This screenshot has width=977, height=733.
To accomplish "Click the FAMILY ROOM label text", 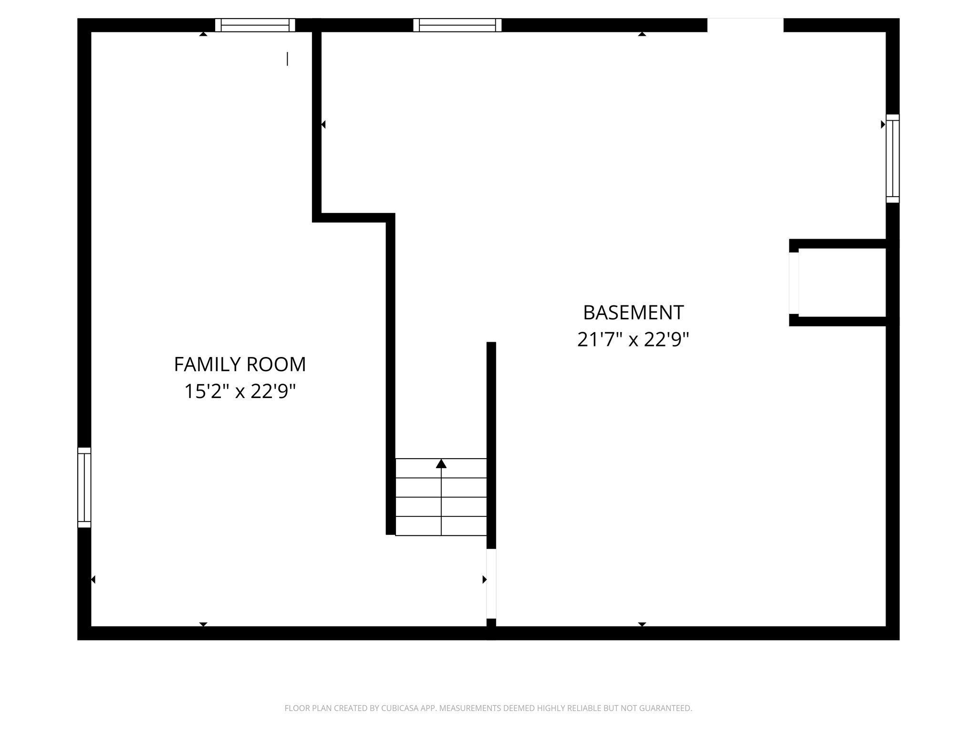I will [x=239, y=365].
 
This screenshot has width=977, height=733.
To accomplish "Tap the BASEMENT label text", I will [x=633, y=313].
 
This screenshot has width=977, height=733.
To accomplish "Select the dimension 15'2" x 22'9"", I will [x=239, y=392].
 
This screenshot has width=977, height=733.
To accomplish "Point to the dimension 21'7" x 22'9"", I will [x=633, y=340].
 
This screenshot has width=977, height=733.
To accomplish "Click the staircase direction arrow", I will [x=441, y=463].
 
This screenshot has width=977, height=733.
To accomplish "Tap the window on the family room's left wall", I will [x=84, y=487].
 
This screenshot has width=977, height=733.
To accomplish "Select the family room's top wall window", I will [x=255, y=25].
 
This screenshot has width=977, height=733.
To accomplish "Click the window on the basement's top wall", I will [x=457, y=25].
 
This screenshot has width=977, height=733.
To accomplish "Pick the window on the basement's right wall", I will [x=893, y=158].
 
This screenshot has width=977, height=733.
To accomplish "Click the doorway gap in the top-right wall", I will [x=745, y=25].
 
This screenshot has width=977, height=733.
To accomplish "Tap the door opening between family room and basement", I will [x=491, y=583].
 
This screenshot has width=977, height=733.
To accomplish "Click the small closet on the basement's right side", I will [x=842, y=283].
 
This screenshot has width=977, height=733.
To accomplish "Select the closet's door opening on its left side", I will [x=793, y=283].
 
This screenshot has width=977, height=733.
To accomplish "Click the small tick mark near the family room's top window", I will [x=287, y=59].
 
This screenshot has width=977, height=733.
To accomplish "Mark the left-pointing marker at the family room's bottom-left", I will [x=93, y=579].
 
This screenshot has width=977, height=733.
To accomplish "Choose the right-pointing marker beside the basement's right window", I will [x=883, y=125].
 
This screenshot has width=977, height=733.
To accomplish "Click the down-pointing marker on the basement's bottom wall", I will [x=642, y=624].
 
